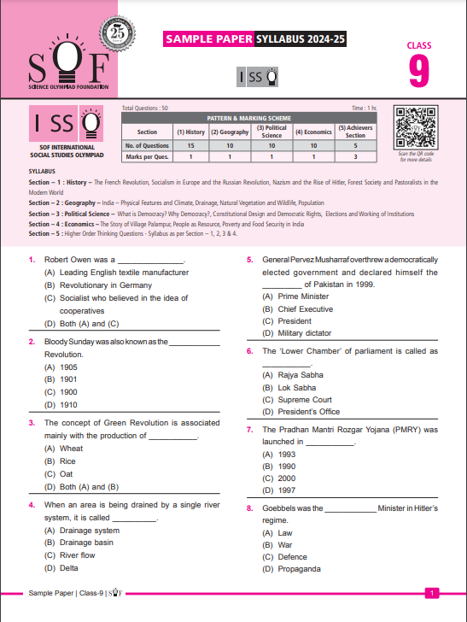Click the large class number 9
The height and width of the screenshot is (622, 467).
[x=418, y=71]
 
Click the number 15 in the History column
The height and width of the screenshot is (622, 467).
[x=190, y=145]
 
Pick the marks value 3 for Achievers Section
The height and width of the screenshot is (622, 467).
[x=355, y=157]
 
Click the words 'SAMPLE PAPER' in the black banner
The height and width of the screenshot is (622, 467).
[x=209, y=39]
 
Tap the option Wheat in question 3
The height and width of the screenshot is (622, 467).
[x=71, y=448]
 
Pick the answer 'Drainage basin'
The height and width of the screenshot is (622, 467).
[x=85, y=543]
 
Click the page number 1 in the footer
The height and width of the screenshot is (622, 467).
[x=433, y=592]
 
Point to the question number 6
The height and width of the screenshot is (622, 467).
[x=249, y=351]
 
